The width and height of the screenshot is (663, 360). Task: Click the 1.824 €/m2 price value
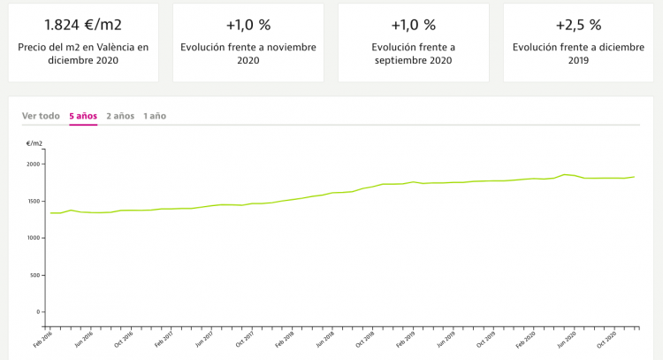[83, 24]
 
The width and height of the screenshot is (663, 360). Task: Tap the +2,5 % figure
[579, 24]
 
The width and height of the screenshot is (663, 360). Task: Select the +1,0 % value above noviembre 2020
[248, 24]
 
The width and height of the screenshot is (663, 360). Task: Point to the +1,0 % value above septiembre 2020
[414, 24]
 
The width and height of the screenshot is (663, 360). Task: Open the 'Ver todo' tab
[41, 116]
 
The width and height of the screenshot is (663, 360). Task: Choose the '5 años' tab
[83, 116]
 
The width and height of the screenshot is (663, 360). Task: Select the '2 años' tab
[120, 116]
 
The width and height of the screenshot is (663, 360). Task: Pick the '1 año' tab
[155, 116]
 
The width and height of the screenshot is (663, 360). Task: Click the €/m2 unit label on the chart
[34, 142]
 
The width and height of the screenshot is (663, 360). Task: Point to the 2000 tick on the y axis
[32, 164]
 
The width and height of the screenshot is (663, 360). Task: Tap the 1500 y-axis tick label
[32, 201]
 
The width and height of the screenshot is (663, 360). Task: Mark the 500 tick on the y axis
[34, 275]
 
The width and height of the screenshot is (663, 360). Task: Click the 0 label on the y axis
[37, 311]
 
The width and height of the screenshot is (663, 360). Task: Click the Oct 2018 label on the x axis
[363, 336]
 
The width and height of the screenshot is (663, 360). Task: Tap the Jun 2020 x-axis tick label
[566, 336]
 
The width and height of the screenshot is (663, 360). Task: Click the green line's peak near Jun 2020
[565, 174]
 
